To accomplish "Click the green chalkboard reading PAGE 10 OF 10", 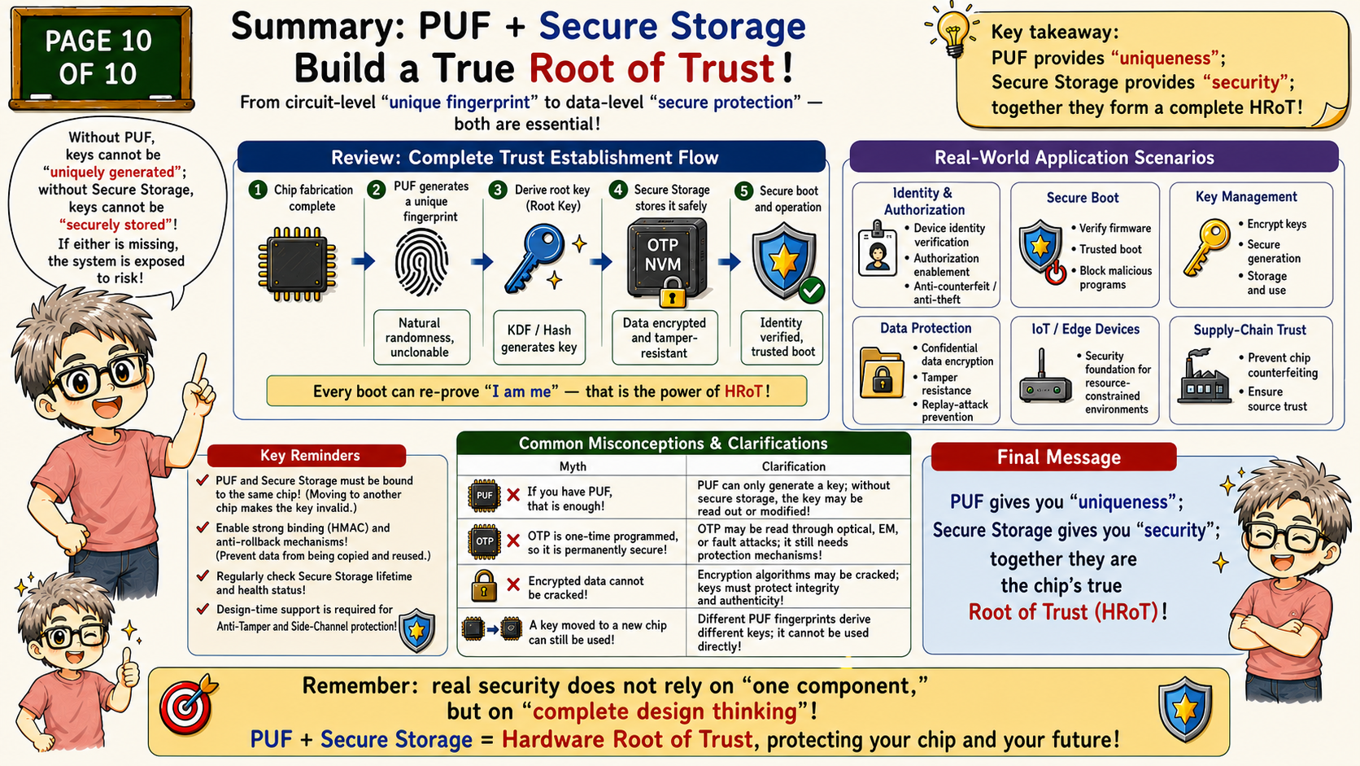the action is [102, 59].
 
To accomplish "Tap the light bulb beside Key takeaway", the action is [952, 30].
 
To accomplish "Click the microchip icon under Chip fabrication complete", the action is [297, 265].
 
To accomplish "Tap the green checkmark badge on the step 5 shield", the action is [811, 291].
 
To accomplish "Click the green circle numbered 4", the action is [618, 190].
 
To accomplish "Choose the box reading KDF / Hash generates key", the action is [539, 338].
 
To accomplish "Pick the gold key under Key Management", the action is [1206, 247].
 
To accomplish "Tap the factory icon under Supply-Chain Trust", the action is [1203, 377].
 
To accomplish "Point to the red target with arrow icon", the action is [188, 705].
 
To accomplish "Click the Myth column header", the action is [573, 466].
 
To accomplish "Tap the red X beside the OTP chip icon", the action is [513, 541].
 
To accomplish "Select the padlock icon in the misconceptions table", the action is [484, 585].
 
